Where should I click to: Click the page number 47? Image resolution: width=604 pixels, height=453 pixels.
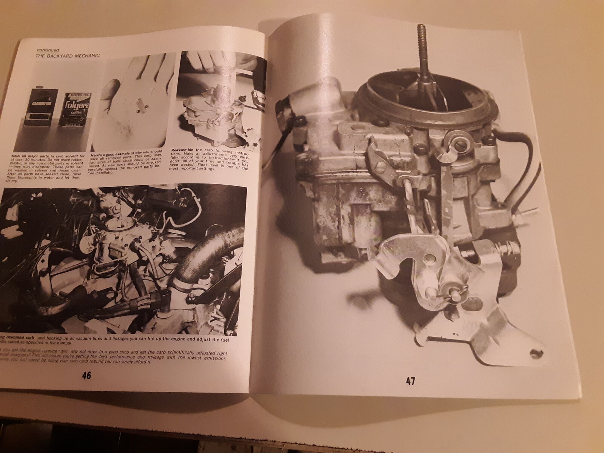(410, 381)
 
